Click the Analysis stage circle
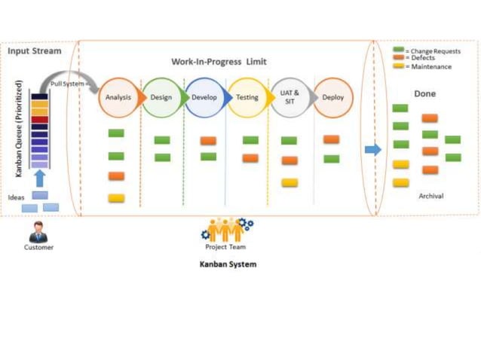118,97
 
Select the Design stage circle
161,97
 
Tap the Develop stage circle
204,97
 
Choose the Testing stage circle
247,97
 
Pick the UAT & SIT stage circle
290,97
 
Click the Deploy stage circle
332,97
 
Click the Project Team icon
227,229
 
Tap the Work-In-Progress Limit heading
219,61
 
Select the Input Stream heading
35,51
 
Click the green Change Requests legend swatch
400,50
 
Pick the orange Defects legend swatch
400,58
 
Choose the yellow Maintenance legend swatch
400,66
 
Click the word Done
424,93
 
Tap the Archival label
430,196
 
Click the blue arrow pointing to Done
372,149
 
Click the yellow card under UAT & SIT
290,182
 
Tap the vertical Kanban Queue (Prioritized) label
19,128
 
